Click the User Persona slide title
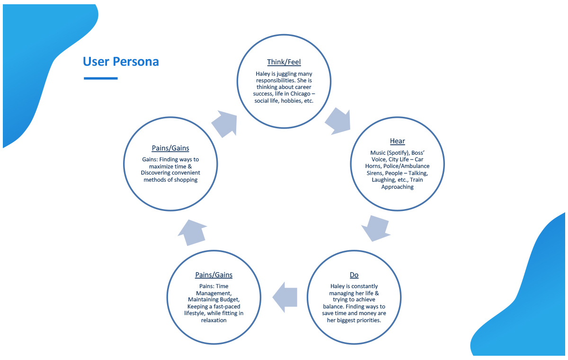(x=121, y=61)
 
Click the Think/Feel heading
(x=284, y=62)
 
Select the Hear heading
(x=397, y=141)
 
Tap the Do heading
(x=354, y=275)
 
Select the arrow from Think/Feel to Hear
(x=338, y=121)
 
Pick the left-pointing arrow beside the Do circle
(x=285, y=297)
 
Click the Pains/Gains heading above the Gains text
(x=170, y=148)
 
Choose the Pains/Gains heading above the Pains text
(x=213, y=275)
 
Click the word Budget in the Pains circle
(x=230, y=300)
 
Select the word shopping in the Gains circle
(x=184, y=180)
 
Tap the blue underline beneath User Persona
(x=100, y=78)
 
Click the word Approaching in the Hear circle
(x=397, y=187)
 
